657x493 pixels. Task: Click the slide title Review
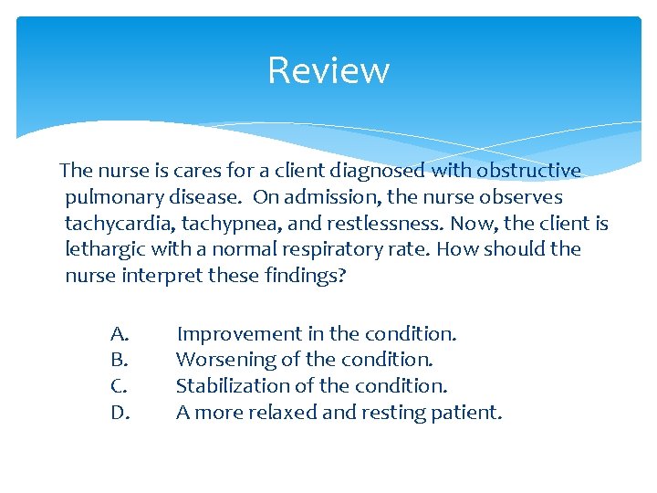point(328,70)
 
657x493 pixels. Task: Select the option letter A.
point(119,334)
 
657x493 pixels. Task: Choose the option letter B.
point(118,360)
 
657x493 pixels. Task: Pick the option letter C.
point(118,386)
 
